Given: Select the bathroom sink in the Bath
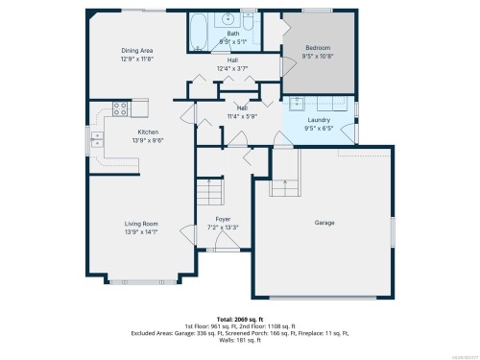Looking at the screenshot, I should click(x=228, y=19).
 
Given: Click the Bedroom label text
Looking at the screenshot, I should click(x=320, y=48).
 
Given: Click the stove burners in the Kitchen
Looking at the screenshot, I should click(x=121, y=108).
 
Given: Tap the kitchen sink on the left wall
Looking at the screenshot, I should click(x=96, y=142).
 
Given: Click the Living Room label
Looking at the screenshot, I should click(x=140, y=224).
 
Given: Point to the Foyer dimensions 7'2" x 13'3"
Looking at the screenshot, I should click(x=223, y=227).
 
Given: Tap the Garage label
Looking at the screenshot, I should click(x=324, y=223).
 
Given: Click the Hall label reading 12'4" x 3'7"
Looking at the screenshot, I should click(x=233, y=68).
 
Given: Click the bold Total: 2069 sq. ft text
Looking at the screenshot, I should click(x=239, y=317).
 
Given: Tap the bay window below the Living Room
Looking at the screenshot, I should click(x=134, y=282).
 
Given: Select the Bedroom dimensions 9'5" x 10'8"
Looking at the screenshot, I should click(x=320, y=56).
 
